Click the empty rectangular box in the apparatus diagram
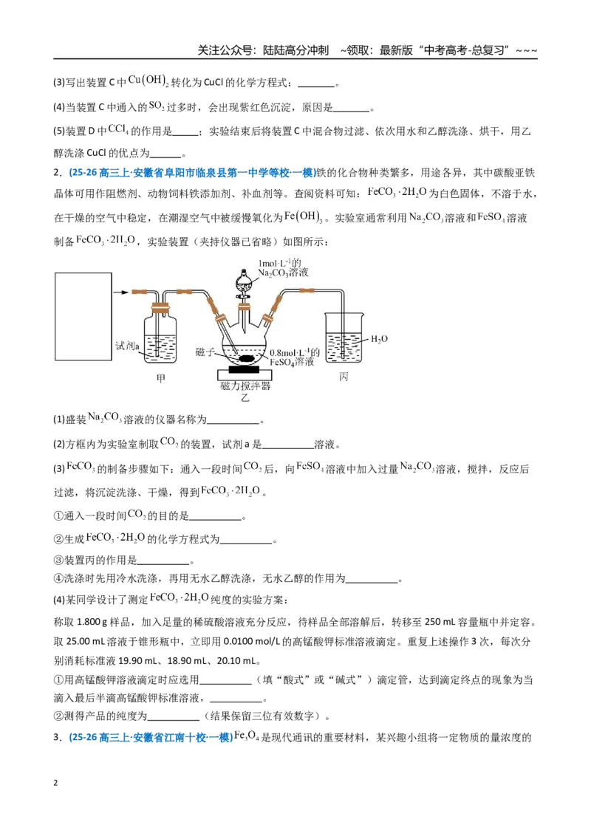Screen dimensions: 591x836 (83, 318)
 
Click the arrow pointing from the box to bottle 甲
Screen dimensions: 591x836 (121, 292)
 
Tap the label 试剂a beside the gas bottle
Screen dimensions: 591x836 (128, 346)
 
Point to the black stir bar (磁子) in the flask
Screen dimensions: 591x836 (247, 358)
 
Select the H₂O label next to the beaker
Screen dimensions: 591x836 (379, 339)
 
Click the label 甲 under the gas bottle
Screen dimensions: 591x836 (160, 379)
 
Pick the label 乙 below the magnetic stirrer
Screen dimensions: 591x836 (245, 398)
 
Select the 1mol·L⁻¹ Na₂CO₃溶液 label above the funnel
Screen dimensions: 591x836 (283, 267)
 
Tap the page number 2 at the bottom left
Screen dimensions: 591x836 (55, 783)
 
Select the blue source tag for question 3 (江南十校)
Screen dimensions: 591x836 (151, 737)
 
